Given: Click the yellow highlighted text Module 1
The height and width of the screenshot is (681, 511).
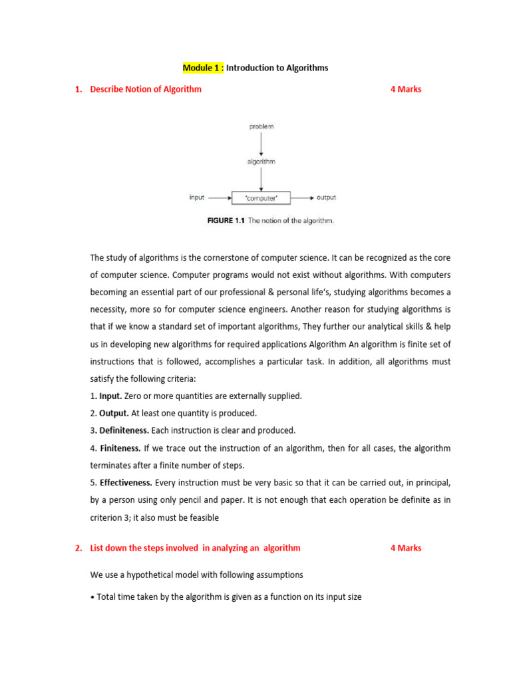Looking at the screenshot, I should tap(203, 68).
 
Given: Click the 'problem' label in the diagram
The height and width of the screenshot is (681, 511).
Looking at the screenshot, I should tap(261, 126).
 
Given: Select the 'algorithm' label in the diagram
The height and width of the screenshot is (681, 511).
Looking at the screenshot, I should tap(261, 162).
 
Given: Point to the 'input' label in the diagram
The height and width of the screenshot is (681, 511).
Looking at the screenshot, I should tap(197, 198).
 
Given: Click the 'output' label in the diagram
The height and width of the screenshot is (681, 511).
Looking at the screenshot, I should tap(326, 198).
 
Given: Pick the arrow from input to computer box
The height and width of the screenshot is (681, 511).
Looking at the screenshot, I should tap(220, 198).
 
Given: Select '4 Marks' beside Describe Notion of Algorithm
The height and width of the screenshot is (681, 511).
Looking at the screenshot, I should tap(405, 89).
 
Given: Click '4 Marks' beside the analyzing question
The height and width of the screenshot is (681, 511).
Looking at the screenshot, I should tap(405, 548).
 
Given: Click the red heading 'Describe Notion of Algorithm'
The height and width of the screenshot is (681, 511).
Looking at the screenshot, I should tap(146, 89).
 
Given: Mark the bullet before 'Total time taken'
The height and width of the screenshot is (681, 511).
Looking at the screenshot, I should tap(92, 597).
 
